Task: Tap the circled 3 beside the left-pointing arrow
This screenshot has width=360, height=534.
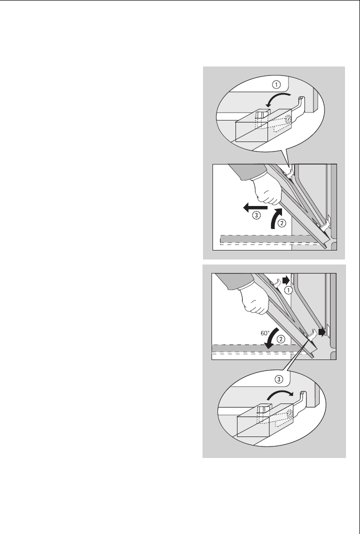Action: click(256, 215)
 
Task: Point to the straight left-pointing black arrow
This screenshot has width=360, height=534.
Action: click(255, 206)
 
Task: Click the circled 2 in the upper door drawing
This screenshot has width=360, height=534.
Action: click(281, 223)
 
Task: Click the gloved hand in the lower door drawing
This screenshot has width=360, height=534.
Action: click(253, 299)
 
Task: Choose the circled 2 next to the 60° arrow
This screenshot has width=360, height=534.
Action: click(281, 339)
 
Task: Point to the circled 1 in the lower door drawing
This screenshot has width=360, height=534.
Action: click(288, 290)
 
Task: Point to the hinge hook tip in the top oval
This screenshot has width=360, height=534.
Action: click(300, 99)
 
